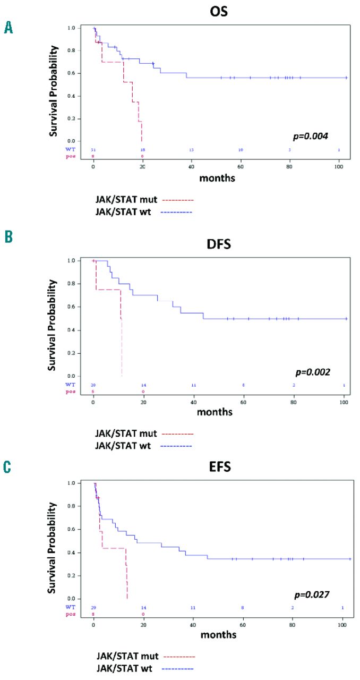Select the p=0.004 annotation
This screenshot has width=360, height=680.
(x=313, y=137)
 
